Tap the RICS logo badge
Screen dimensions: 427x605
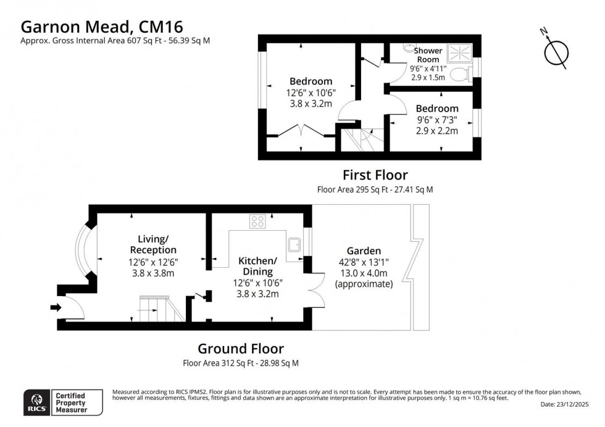pyautogui.click(x=34, y=400)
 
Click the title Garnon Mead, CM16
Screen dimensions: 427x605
pyautogui.click(x=101, y=26)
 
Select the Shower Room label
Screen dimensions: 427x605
pyautogui.click(x=427, y=55)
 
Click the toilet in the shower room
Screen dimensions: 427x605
pyautogui.click(x=461, y=75)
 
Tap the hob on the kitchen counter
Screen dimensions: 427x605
pyautogui.click(x=257, y=220)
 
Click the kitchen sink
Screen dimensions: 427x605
pyautogui.click(x=296, y=244)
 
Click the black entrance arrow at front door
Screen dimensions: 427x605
pyautogui.click(x=56, y=307)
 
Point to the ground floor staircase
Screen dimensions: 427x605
pyautogui.click(x=161, y=309)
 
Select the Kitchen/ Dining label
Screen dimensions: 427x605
pyautogui.click(x=258, y=266)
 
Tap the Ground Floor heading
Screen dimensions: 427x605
pyautogui.click(x=241, y=349)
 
